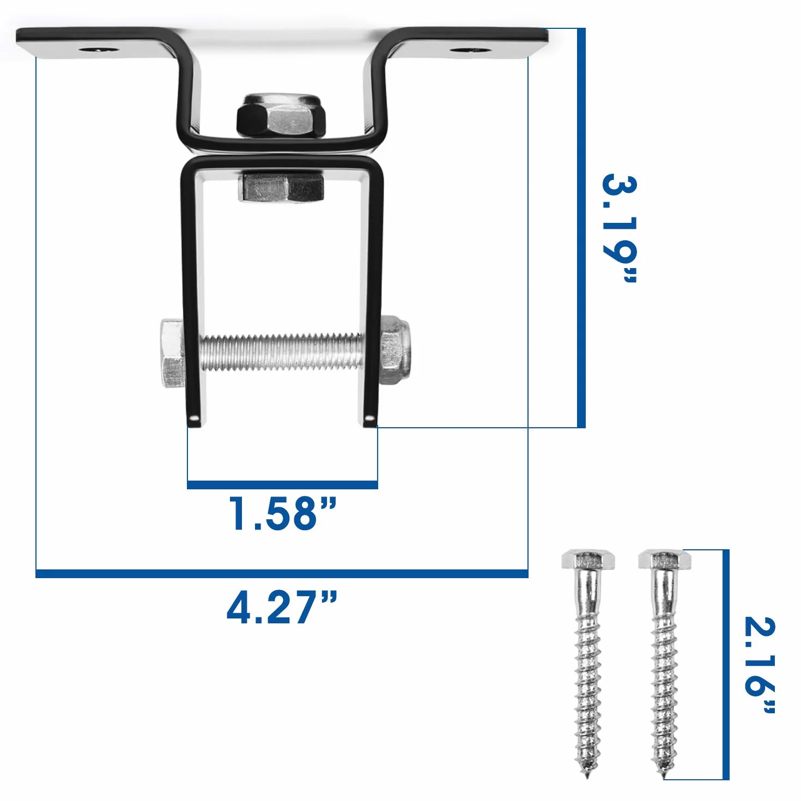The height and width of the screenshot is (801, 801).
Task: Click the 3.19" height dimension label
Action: [619, 229]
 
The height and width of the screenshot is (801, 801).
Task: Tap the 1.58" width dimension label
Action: [283, 514]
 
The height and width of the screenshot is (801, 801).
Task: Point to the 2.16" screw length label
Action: [760, 670]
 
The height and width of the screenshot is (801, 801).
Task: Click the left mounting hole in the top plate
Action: [99, 50]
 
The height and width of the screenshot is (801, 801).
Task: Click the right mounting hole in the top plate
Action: [471, 50]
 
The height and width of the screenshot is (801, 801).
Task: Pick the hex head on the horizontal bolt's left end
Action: [172, 353]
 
